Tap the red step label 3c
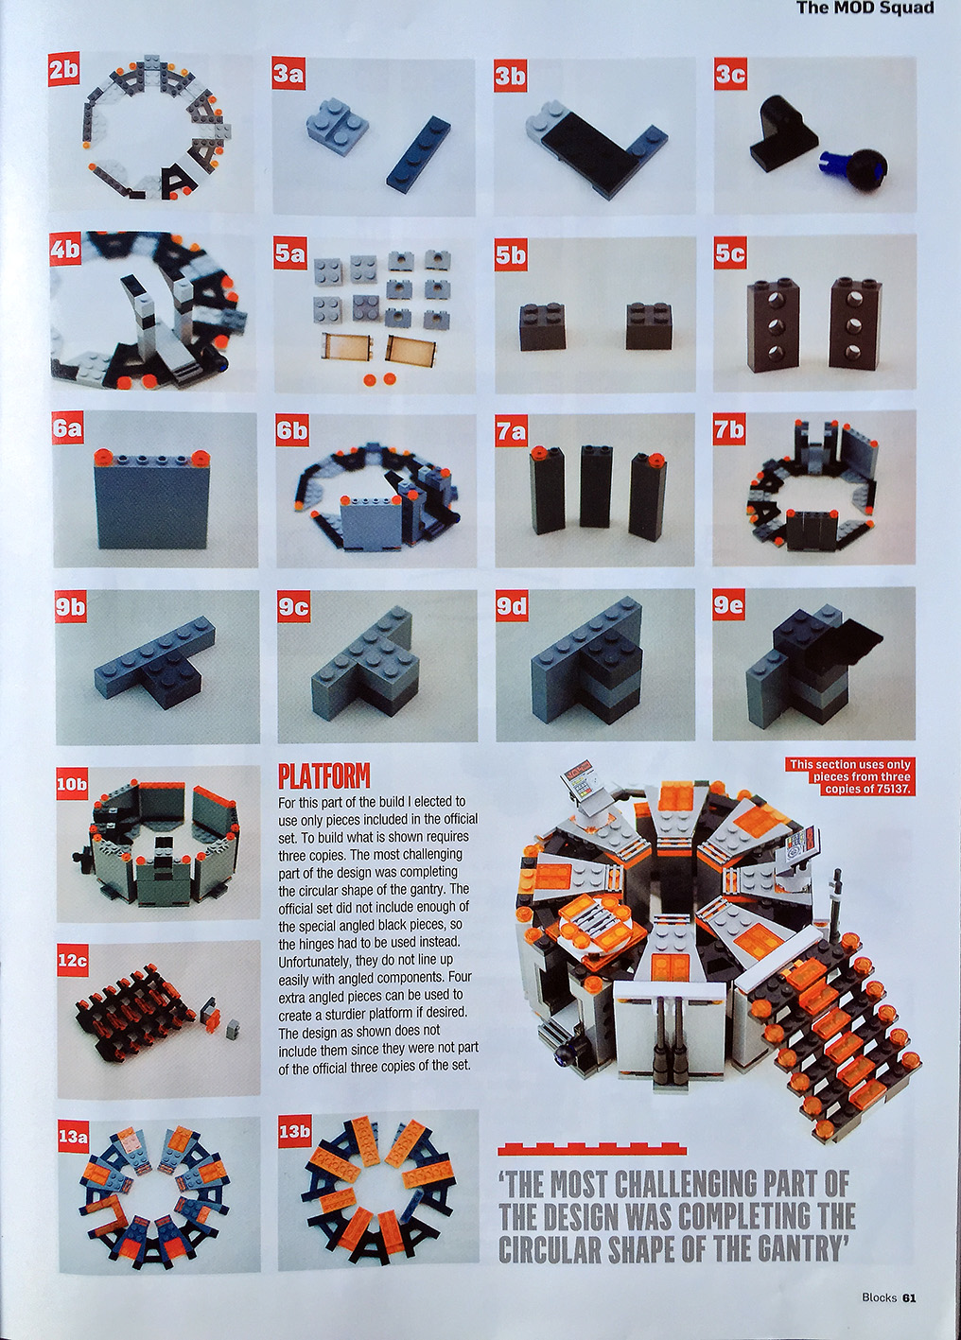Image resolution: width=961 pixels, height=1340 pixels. [730, 73]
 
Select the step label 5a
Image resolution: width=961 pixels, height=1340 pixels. [289, 253]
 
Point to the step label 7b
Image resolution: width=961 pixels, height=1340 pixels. [729, 429]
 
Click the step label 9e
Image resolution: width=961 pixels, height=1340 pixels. [729, 606]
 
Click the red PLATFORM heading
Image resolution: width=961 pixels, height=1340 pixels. [323, 776]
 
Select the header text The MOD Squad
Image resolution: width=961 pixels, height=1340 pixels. [865, 9]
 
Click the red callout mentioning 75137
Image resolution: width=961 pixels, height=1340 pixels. [849, 776]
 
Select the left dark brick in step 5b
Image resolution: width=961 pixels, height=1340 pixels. [541, 325]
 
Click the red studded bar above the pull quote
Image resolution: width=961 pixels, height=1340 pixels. [592, 731]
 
